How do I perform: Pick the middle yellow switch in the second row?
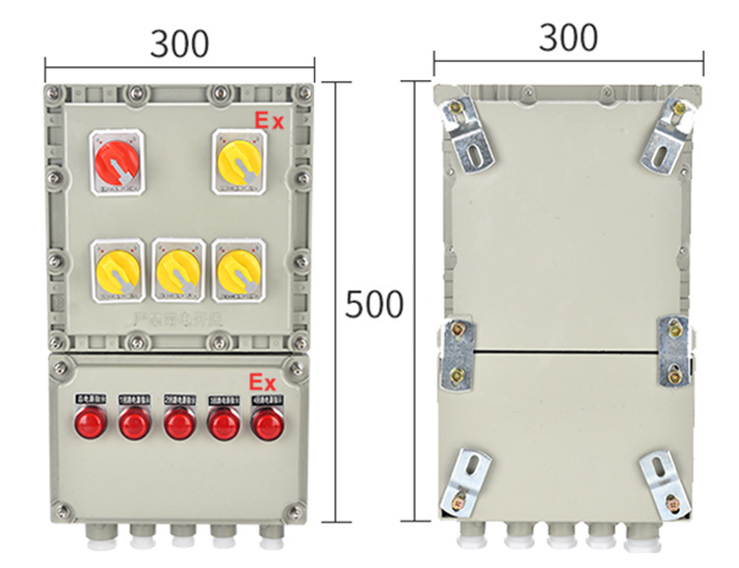(179, 268)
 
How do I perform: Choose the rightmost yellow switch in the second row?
(240, 268)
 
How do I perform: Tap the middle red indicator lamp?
(178, 424)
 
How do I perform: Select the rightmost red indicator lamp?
(265, 424)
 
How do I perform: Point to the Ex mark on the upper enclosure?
(269, 121)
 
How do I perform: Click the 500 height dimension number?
(374, 306)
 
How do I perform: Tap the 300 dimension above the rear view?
(569, 37)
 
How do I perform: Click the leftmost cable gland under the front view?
(97, 536)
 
